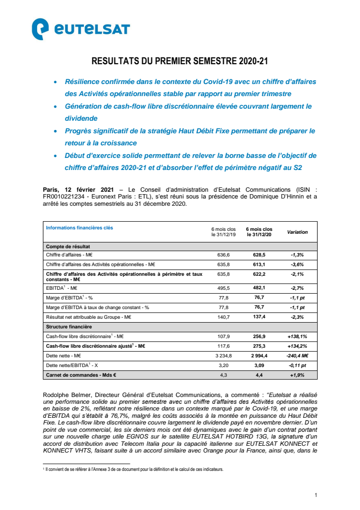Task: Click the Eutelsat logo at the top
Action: coord(81,29)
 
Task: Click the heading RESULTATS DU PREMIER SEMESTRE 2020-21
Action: coord(180,62)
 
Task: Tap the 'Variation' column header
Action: coord(297,232)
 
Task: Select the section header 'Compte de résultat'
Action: coord(68,246)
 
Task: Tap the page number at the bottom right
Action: coord(315,495)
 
